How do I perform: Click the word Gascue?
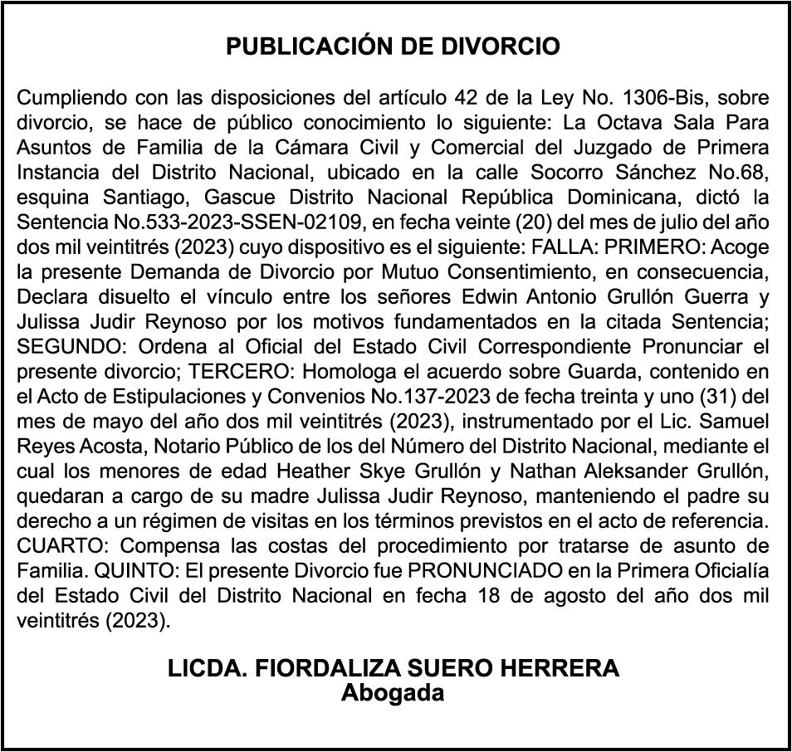pyautogui.click(x=215, y=198)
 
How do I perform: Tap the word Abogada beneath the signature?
pyautogui.click(x=393, y=693)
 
